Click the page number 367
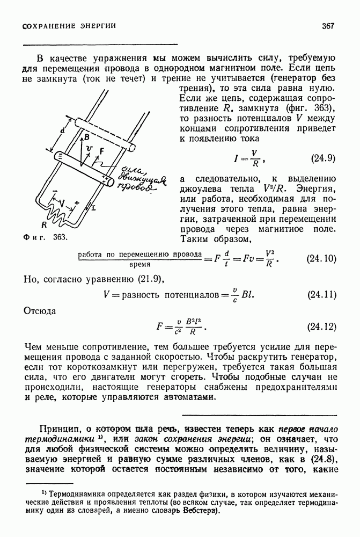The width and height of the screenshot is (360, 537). tap(328, 26)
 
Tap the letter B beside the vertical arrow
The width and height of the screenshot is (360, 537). tap(86, 137)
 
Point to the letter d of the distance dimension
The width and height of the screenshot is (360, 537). tap(62, 130)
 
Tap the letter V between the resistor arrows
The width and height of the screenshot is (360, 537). tap(62, 204)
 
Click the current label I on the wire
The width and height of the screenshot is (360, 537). tap(94, 207)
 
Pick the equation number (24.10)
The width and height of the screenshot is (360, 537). tap(321, 259)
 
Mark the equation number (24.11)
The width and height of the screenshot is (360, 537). tap(321, 295)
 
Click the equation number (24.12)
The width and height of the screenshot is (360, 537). tap(321, 326)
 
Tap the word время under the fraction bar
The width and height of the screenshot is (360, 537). tap(139, 264)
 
